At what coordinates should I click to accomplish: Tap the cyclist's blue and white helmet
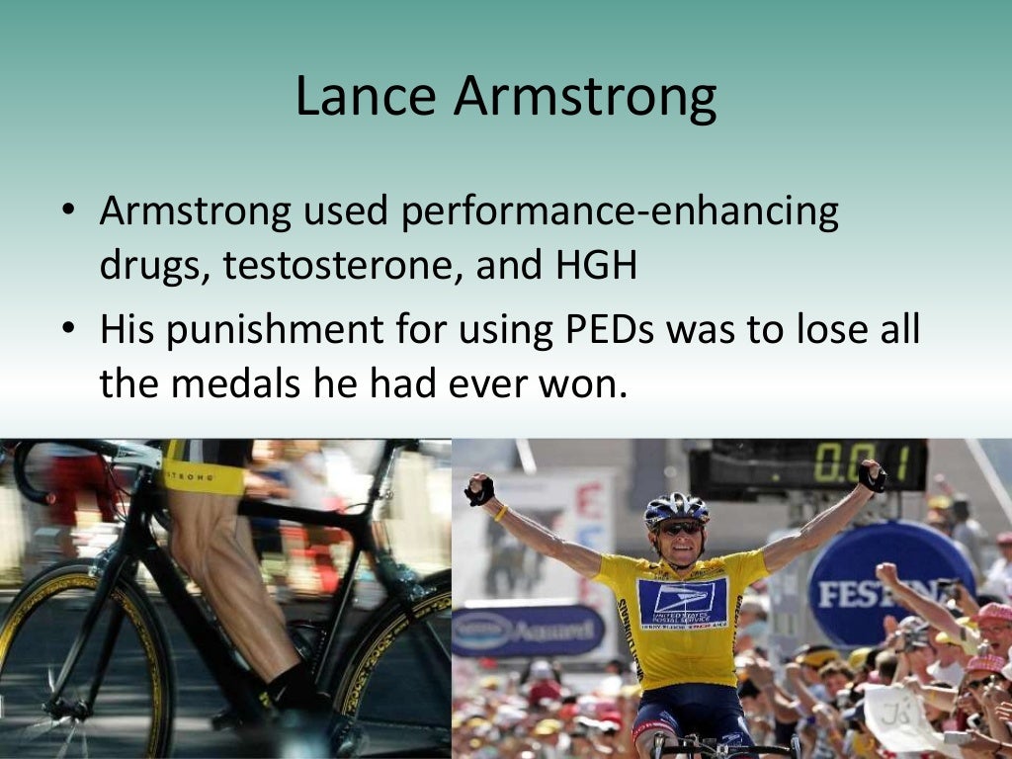click(676, 508)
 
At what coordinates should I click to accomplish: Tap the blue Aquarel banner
click(528, 630)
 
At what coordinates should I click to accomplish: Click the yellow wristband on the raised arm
click(502, 512)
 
